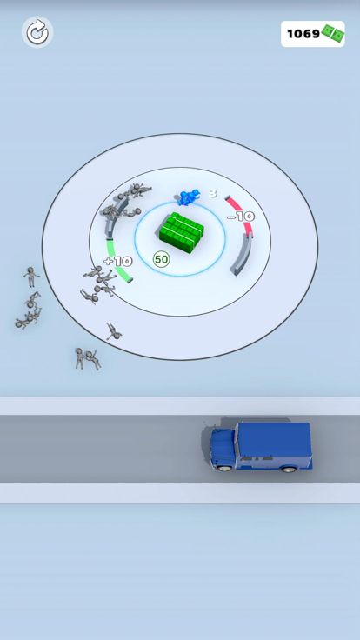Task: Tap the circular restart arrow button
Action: [x=37, y=32]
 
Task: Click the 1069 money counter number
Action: [x=303, y=34]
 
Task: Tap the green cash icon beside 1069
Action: [x=333, y=34]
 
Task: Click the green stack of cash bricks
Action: [x=180, y=232]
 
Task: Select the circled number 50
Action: [x=161, y=259]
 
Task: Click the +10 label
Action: [x=118, y=261]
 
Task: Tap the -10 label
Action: [x=241, y=217]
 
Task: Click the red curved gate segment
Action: [x=244, y=213]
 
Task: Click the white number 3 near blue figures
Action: [x=213, y=193]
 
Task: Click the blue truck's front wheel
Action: [x=225, y=467]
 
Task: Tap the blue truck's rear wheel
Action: [x=289, y=468]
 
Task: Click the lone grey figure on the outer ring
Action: [x=113, y=331]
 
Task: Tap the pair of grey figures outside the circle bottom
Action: [x=87, y=359]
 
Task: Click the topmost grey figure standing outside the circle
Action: [x=31, y=277]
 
